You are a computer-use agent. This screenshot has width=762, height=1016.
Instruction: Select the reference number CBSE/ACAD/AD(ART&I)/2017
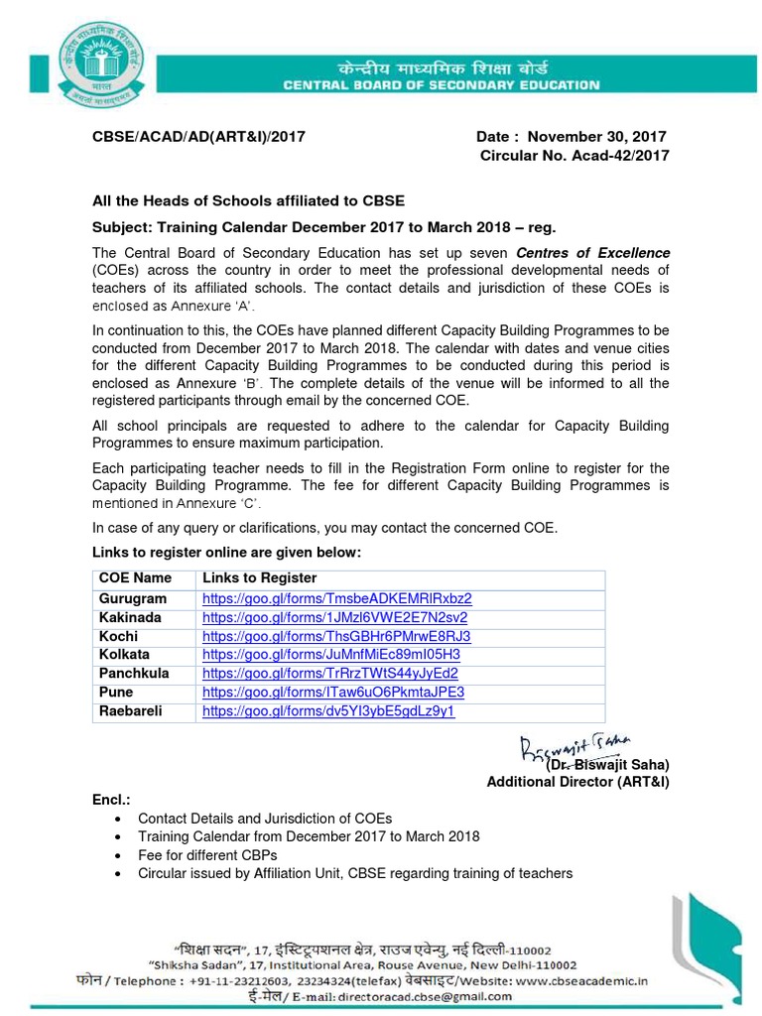(x=198, y=137)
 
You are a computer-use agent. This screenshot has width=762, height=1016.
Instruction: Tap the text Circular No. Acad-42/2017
(x=574, y=156)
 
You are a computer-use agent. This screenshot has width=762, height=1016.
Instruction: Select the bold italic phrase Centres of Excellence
(x=592, y=253)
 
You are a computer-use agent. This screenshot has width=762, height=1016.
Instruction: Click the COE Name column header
(x=135, y=577)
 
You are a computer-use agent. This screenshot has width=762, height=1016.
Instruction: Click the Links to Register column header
(x=260, y=577)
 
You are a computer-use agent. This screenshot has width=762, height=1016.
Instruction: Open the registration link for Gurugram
(x=336, y=598)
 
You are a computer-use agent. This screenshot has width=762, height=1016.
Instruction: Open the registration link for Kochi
(x=335, y=636)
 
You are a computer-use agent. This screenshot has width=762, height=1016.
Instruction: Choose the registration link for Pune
(x=332, y=693)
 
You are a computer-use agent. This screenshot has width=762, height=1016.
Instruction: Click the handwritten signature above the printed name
(x=580, y=747)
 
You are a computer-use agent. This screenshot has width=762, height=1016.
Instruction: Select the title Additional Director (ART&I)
(x=577, y=783)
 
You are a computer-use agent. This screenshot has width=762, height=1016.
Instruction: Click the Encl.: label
(x=111, y=799)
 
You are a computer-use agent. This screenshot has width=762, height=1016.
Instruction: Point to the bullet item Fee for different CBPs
(x=207, y=854)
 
